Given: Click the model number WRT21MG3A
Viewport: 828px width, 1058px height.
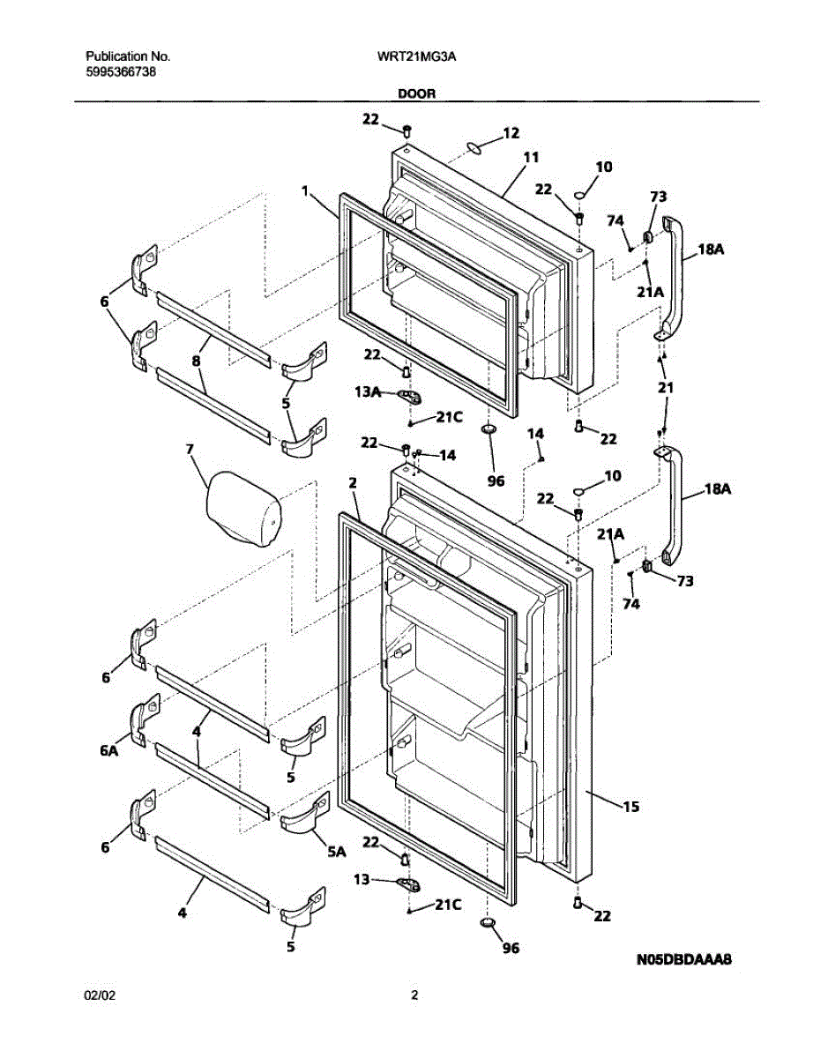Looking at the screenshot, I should coord(414,56).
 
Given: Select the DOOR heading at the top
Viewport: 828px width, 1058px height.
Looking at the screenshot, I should coord(416,93).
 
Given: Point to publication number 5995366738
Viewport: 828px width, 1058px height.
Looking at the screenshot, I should coord(122,71).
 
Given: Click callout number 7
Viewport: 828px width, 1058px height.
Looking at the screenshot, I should coord(189,449).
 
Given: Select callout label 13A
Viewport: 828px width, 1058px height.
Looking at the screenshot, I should coord(368,393).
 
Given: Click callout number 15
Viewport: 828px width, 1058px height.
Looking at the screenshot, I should coord(630,806).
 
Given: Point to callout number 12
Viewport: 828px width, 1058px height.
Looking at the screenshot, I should coord(511,133).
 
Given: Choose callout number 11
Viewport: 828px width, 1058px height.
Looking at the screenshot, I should coord(531,158).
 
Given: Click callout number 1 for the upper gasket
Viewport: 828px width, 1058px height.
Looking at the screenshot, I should coord(304,190).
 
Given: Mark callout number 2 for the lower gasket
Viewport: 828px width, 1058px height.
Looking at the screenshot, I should coord(352,482).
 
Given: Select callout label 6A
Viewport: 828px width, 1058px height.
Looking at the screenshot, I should coord(108,751).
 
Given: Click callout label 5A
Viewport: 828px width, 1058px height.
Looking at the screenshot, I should coord(336,853).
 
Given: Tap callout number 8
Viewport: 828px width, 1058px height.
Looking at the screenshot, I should coord(196,360).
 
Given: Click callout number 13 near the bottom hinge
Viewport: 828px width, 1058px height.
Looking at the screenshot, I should coord(362,879).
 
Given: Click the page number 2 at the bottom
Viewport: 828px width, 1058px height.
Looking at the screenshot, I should coord(414,995).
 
